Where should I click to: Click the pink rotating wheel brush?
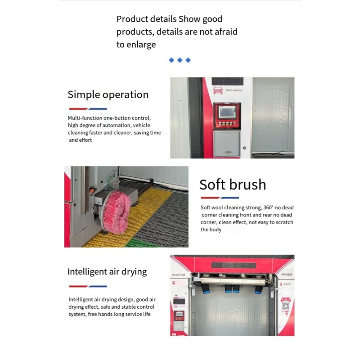(x=116, y=211)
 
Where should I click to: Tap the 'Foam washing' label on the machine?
(x=234, y=90)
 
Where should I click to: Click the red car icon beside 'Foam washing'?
(x=218, y=90)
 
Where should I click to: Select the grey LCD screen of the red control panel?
(x=227, y=112)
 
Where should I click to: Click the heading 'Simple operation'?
(x=108, y=94)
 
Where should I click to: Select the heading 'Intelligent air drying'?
(x=107, y=271)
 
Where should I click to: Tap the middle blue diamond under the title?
(x=180, y=60)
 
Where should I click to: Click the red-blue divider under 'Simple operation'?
(x=88, y=109)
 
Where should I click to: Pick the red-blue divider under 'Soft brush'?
(x=220, y=198)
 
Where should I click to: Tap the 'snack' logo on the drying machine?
(x=286, y=284)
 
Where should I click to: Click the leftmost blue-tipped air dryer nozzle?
(x=207, y=290)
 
